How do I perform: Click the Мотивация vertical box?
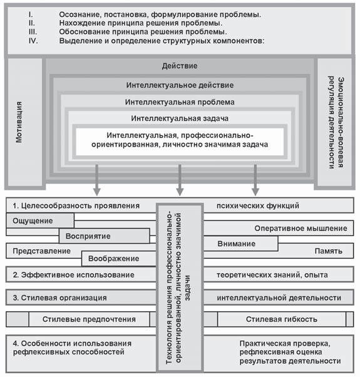point(23,123)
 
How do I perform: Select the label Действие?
point(180,66)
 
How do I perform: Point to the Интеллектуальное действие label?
point(180,85)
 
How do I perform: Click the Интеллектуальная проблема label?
point(180,101)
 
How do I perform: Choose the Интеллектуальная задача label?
point(180,118)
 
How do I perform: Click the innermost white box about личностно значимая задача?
point(180,140)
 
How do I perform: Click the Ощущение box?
point(40,220)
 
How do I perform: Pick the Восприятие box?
point(104,236)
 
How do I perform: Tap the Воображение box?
point(117,258)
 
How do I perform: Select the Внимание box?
point(237,244)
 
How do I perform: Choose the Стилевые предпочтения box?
point(89,319)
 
